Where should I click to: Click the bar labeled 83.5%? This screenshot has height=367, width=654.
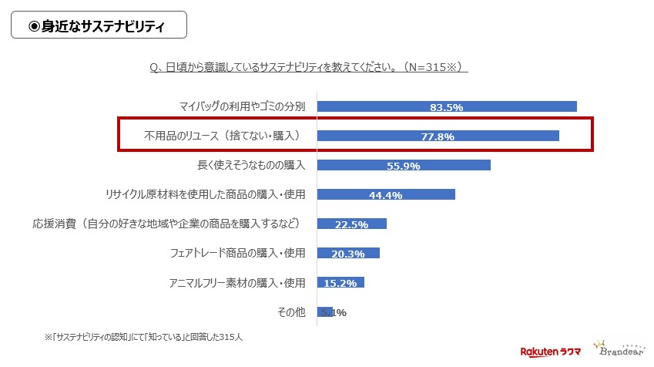click(x=447, y=106)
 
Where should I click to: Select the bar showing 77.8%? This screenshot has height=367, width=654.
click(x=438, y=136)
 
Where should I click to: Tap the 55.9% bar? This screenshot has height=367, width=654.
click(x=404, y=165)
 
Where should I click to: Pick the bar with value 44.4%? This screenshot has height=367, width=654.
click(x=386, y=194)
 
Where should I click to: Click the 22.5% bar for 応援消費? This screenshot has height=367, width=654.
click(x=352, y=224)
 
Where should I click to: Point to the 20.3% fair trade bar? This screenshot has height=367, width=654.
click(x=348, y=253)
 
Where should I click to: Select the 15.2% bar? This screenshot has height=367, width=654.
click(x=340, y=282)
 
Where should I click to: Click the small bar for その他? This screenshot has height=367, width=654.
click(x=324, y=311)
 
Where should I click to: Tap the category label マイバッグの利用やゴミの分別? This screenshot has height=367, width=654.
click(x=242, y=106)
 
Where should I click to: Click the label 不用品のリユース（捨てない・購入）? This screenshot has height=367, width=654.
click(x=221, y=136)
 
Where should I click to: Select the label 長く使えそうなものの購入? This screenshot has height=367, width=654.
click(x=251, y=165)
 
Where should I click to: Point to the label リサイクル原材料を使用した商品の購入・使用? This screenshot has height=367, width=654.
click(x=205, y=194)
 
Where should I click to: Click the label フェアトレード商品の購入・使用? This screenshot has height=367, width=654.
click(x=237, y=253)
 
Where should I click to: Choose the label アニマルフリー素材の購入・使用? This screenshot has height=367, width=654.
click(x=237, y=282)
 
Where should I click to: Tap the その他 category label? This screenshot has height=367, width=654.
click(x=291, y=311)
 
